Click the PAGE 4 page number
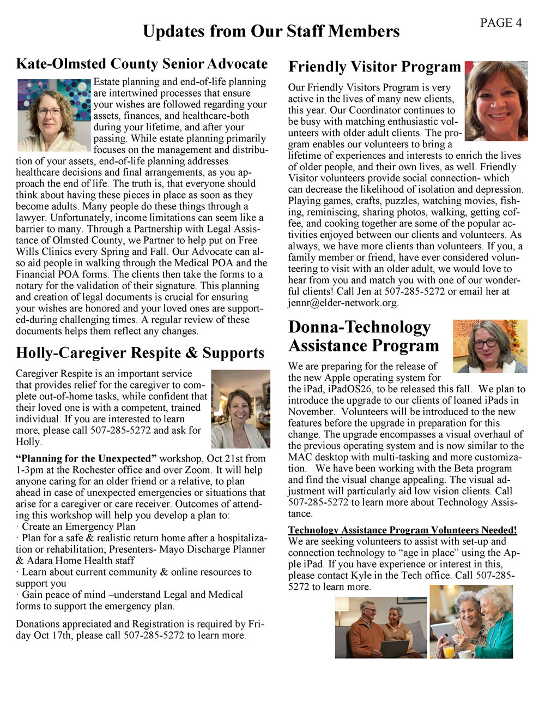[x=500, y=23]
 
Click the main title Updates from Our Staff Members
[x=271, y=32]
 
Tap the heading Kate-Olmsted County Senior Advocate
[x=142, y=64]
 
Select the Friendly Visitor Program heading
[x=374, y=67]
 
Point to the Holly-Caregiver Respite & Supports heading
[x=140, y=353]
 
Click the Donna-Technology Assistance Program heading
[x=364, y=336]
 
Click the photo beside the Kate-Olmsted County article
[x=53, y=115]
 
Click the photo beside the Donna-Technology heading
[x=489, y=346]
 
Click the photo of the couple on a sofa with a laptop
[x=380, y=627]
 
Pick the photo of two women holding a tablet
[x=471, y=621]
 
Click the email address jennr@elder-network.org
[x=343, y=303]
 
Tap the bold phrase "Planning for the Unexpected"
[x=86, y=458]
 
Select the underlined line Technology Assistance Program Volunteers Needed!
[x=402, y=530]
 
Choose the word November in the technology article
[x=309, y=412]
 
